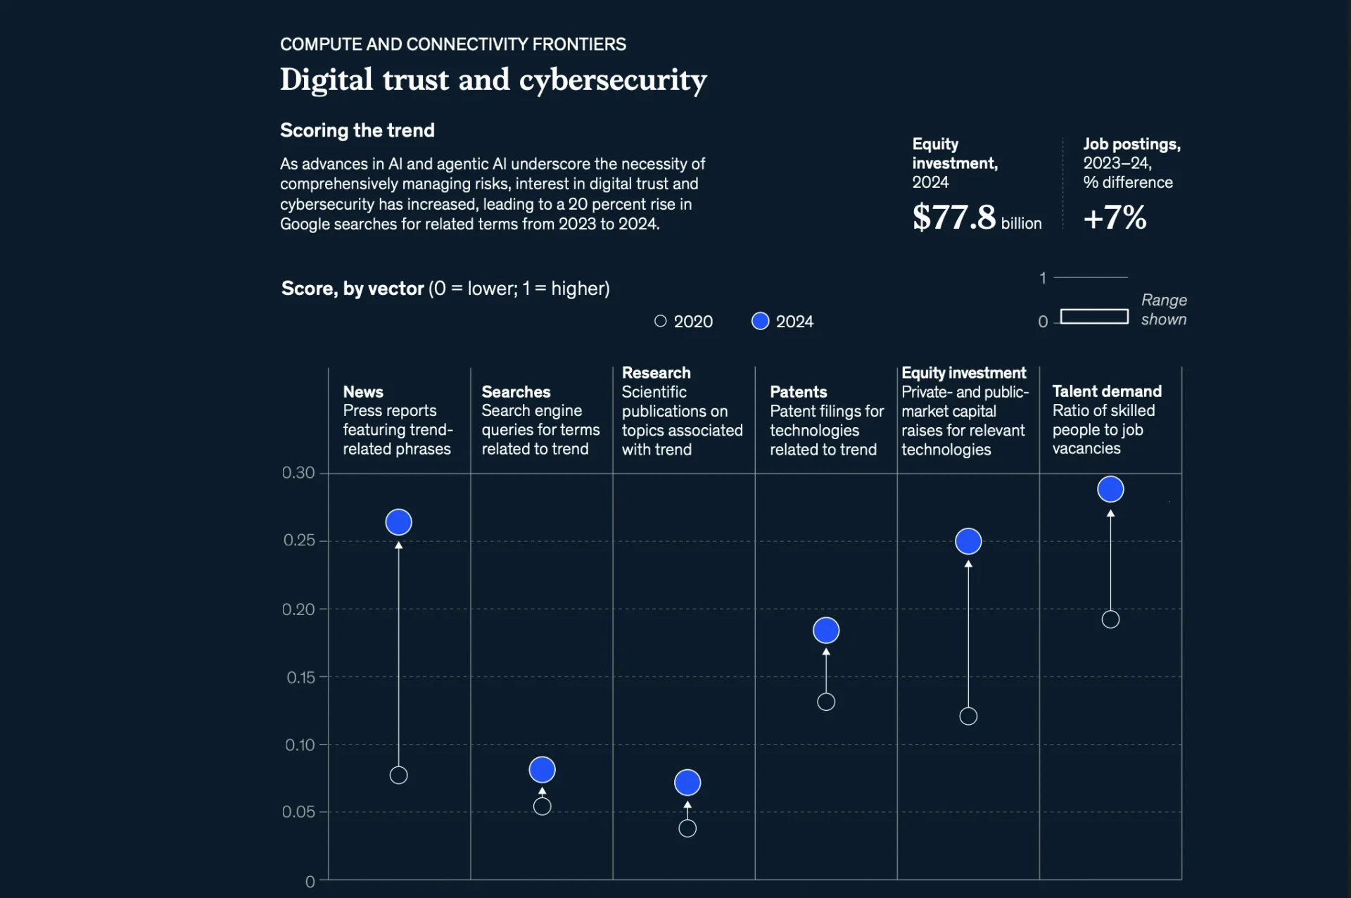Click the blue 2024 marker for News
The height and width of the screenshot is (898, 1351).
(398, 522)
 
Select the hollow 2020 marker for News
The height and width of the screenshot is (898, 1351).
(398, 776)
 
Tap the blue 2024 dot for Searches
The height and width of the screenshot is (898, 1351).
(542, 770)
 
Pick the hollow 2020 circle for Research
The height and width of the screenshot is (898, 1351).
(687, 828)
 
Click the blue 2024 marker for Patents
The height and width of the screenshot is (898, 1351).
(826, 631)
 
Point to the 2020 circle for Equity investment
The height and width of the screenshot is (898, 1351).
(968, 716)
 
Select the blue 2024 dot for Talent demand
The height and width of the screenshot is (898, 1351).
(1110, 489)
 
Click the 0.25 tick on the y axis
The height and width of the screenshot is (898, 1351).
(299, 540)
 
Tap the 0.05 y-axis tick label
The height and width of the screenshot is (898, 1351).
(298, 812)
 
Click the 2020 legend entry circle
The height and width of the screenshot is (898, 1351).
(660, 321)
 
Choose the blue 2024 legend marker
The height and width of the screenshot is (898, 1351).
(760, 321)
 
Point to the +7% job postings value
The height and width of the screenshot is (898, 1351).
(1115, 217)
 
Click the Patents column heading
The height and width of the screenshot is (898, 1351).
(798, 392)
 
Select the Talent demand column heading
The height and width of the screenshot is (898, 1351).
(1106, 391)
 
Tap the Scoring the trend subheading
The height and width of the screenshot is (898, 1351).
(357, 130)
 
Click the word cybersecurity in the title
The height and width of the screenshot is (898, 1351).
(613, 80)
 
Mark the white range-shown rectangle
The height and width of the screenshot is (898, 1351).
(1094, 317)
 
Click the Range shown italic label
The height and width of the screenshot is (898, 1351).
(1163, 310)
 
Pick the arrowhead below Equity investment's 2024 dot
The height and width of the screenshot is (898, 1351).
(968, 564)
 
